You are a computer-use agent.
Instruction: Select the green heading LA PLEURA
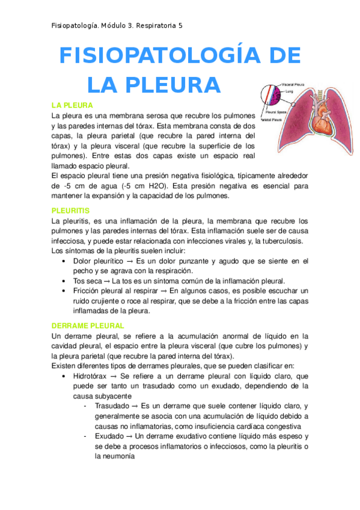[x=72, y=105]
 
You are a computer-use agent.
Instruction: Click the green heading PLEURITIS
[x=71, y=211]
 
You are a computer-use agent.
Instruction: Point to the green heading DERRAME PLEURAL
[x=88, y=325]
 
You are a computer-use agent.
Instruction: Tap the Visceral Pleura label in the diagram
[x=293, y=85]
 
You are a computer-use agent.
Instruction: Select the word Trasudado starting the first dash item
[x=114, y=406]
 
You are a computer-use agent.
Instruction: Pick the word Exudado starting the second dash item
[x=111, y=435]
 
